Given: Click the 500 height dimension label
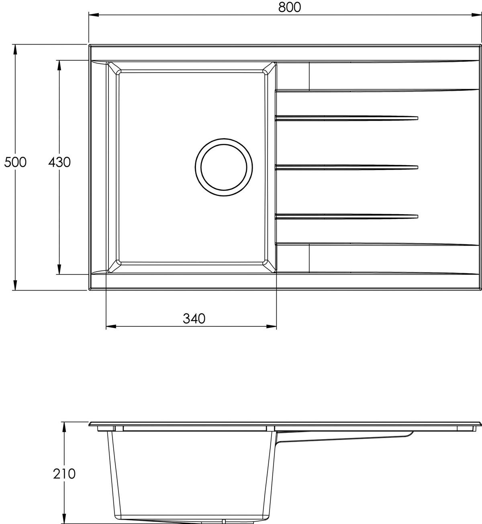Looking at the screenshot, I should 15,162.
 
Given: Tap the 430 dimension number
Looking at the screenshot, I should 59,162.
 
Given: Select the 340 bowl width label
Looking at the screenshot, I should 194,318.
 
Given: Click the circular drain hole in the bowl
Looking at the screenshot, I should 224,168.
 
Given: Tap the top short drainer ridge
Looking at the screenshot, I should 346,118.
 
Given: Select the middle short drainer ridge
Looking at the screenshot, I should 346,167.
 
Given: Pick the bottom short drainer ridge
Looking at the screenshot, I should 346,217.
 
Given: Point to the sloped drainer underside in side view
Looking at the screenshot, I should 345,438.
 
